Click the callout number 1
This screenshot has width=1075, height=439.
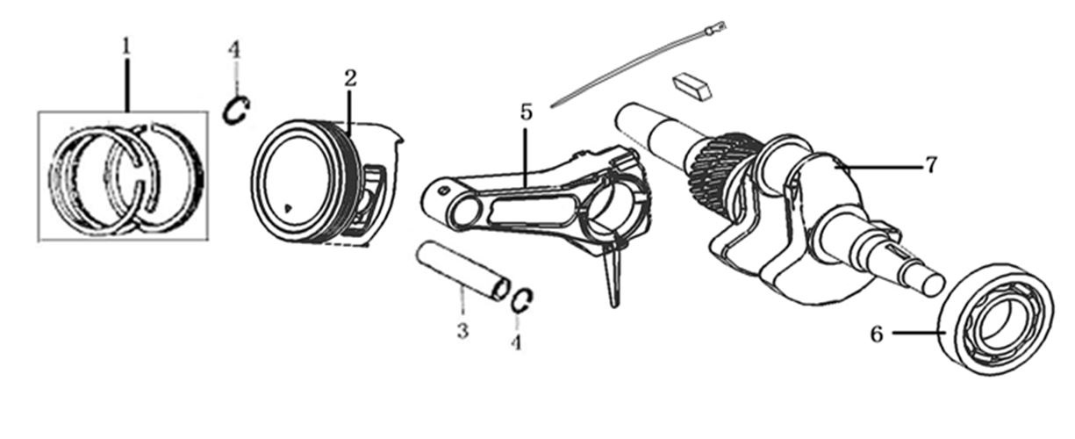pos(126,47)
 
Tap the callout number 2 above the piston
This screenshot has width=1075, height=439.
pos(350,78)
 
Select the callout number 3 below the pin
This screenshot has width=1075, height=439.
pos(462,330)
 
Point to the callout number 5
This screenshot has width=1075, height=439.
pos(527,112)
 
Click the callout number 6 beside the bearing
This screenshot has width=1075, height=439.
pos(877,334)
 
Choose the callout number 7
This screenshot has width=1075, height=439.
pos(930,165)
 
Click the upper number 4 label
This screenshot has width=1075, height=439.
pos(234,49)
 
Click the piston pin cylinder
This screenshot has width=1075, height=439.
pos(462,271)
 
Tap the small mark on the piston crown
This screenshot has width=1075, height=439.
pos(288,208)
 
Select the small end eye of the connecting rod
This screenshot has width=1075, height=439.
pos(465,212)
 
